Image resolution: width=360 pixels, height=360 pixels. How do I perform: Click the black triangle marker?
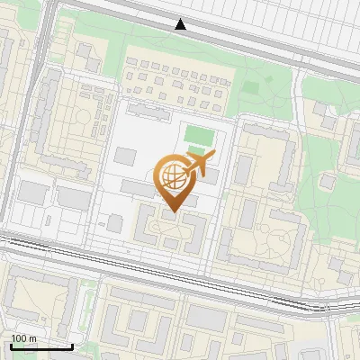pyautogui.click(x=181, y=24)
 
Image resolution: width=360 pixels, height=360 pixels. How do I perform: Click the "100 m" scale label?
pyautogui.click(x=23, y=337)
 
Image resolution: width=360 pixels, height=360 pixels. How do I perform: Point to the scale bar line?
pyautogui.click(x=41, y=346)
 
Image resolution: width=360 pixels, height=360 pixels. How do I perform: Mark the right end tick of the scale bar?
pyautogui.click(x=72, y=345)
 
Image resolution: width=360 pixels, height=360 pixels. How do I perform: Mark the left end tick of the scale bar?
pyautogui.click(x=11, y=345)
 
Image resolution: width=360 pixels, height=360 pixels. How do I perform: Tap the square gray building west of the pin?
pyautogui.click(x=115, y=221)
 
